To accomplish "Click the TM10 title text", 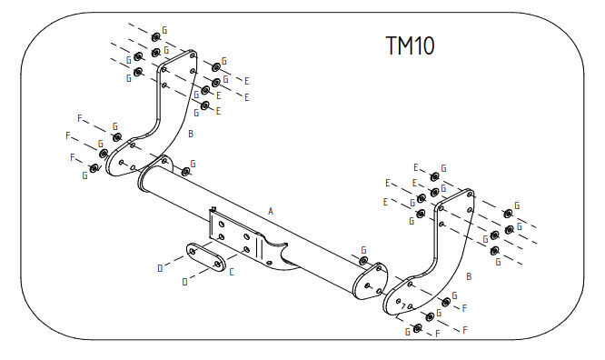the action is [x=411, y=45].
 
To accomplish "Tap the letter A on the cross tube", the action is [x=271, y=211].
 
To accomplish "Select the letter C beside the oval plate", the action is [x=232, y=273].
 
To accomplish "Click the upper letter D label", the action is [x=161, y=268].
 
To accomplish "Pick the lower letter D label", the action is [x=184, y=283].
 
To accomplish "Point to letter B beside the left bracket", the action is [x=190, y=134].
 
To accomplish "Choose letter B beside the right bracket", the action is [x=469, y=276].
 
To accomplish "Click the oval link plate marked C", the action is [x=206, y=257].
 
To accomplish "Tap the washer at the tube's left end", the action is [x=186, y=172].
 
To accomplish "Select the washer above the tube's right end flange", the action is [x=363, y=260].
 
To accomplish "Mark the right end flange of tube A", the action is [x=370, y=281].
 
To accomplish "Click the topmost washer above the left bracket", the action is [x=156, y=37].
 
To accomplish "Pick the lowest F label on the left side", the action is [x=73, y=157].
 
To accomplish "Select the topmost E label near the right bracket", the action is [x=416, y=167].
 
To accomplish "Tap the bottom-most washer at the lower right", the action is [x=417, y=329].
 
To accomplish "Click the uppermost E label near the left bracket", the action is [x=247, y=81].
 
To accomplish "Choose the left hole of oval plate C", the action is [x=193, y=252].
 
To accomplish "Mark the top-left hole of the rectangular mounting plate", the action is [x=222, y=224].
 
